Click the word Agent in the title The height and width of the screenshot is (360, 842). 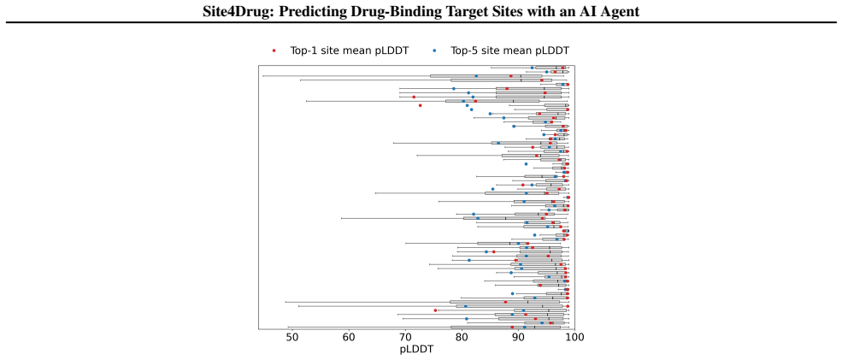coord(619,11)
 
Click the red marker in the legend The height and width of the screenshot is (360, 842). coord(274,50)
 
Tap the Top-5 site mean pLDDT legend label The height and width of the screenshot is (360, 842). coord(505,50)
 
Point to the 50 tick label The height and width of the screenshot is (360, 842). coord(292,337)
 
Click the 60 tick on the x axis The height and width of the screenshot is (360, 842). coord(349,337)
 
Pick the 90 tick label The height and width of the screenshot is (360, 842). coord(518,337)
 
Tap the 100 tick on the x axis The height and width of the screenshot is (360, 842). coord(574,337)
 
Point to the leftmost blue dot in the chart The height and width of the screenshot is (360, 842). coord(454,89)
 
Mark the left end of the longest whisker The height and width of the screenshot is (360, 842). coord(262,76)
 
